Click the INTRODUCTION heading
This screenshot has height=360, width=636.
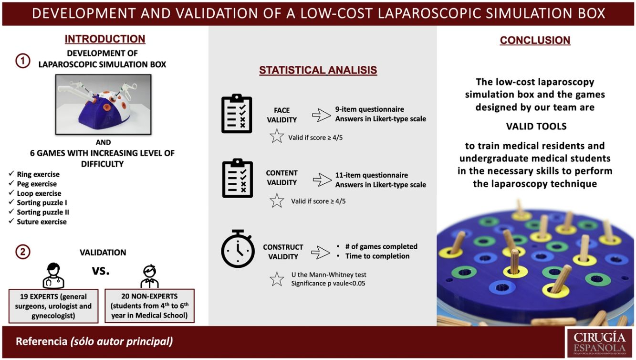[105, 39]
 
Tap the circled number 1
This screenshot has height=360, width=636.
[23, 61]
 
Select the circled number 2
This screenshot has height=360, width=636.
[23, 252]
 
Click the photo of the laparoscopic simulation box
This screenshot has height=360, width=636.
[104, 104]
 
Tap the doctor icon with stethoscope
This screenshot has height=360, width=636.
[53, 275]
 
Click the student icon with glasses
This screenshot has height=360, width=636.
[150, 276]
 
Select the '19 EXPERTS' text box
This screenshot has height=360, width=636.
[53, 306]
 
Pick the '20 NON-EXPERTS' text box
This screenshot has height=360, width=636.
[150, 306]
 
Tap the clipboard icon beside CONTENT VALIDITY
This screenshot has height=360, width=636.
[238, 178]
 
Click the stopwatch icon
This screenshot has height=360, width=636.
[238, 249]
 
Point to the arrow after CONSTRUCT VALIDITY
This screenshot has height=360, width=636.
[321, 252]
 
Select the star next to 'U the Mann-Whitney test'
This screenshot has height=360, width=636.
[277, 279]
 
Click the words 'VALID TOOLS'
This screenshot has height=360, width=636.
[536, 126]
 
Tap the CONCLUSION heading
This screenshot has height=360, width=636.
[535, 40]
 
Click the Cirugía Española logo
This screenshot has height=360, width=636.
[599, 343]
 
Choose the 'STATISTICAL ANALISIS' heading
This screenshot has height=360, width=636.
[318, 70]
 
